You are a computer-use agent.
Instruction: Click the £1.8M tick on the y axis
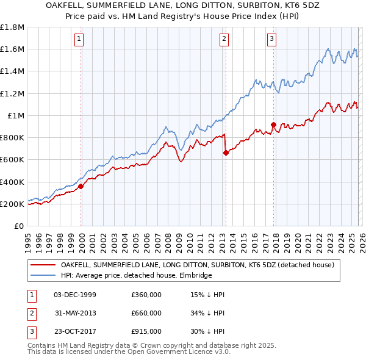click(x=12, y=27)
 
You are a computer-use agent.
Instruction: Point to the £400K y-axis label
click(x=12, y=182)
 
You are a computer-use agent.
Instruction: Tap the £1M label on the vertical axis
click(x=15, y=115)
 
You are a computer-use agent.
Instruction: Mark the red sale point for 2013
click(x=226, y=153)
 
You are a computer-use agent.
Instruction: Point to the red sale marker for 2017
click(x=273, y=124)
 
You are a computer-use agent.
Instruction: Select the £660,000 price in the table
click(x=146, y=313)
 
